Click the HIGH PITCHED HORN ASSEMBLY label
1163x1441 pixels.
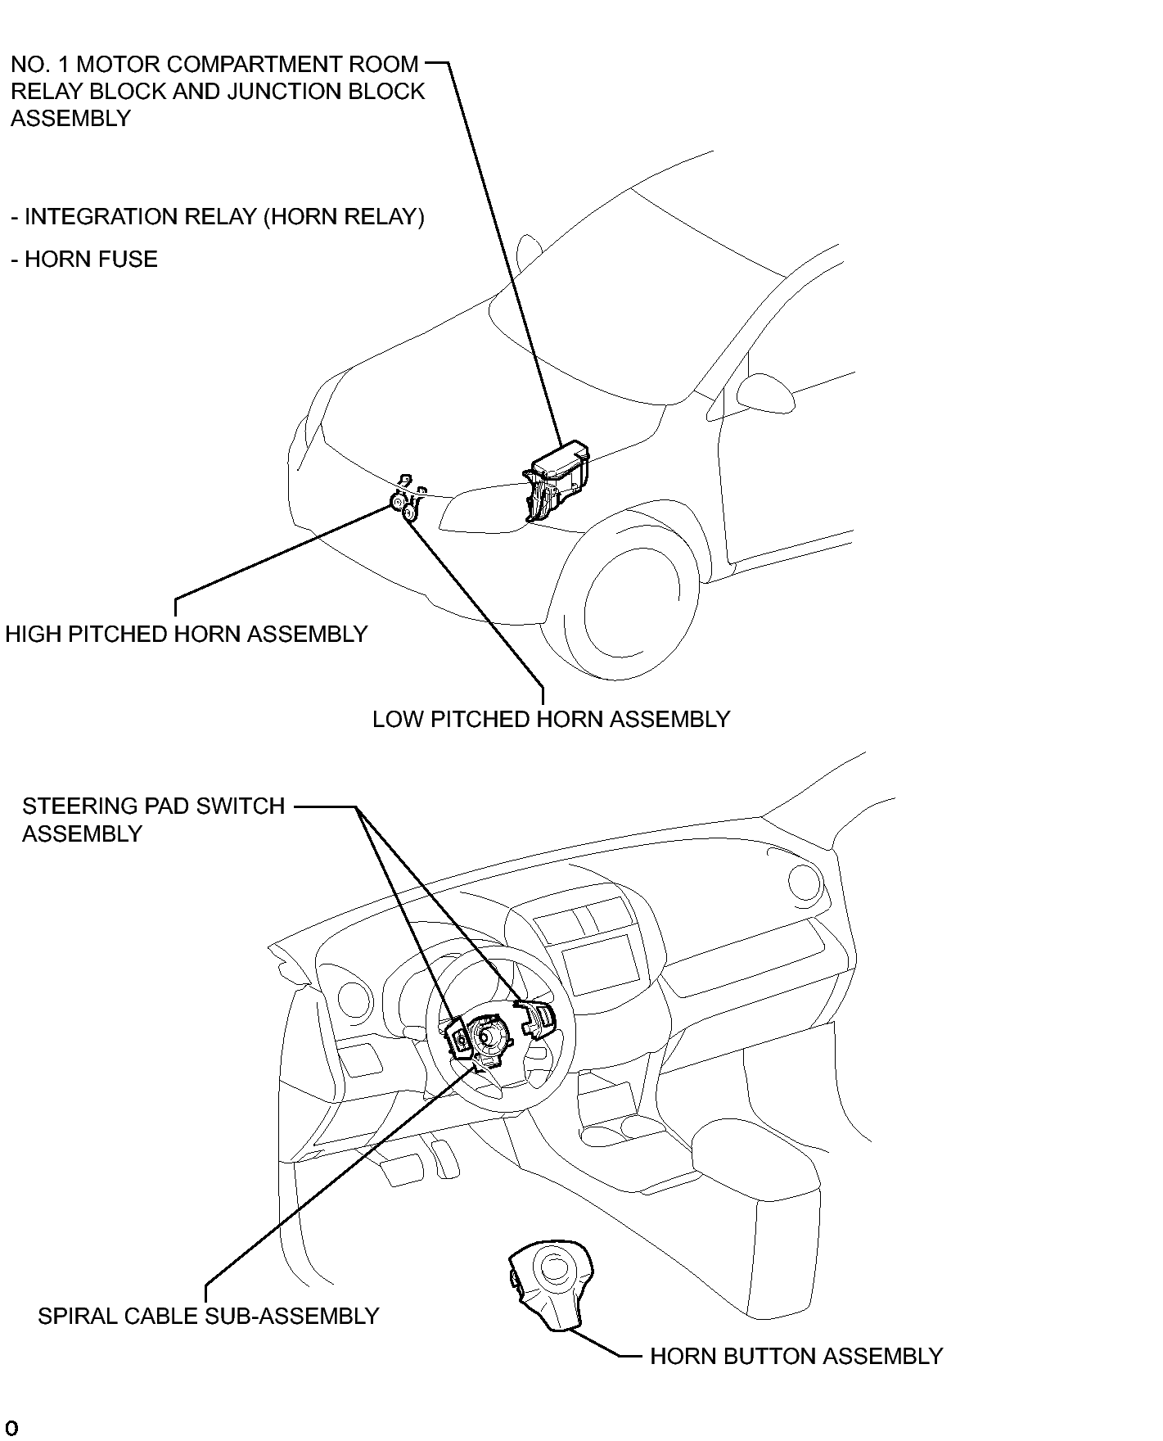click(x=187, y=635)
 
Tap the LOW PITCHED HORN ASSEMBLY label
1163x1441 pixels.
click(x=551, y=720)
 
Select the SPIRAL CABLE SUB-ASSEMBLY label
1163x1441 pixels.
click(x=209, y=1316)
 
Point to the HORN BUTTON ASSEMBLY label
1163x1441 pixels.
click(x=796, y=1357)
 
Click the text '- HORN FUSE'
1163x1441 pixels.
click(x=84, y=260)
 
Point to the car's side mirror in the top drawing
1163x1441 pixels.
click(x=764, y=392)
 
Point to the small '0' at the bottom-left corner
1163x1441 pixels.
click(x=12, y=1430)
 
